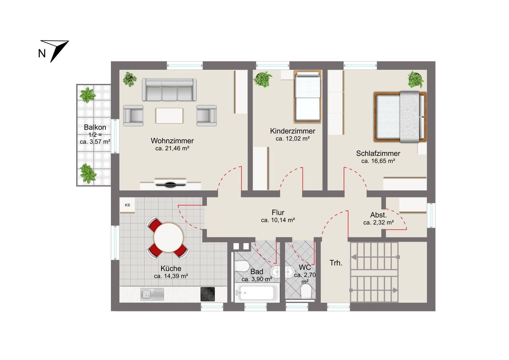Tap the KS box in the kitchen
(127, 205)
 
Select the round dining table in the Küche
(168, 237)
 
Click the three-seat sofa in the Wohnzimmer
(169, 90)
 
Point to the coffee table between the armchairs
(169, 116)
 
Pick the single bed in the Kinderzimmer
(307, 96)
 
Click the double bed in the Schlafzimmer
(400, 117)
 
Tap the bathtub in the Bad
(257, 292)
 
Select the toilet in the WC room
(306, 291)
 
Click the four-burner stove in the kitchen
(208, 294)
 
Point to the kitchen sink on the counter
(152, 294)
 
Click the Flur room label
(278, 212)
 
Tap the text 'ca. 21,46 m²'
(172, 148)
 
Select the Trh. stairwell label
(336, 263)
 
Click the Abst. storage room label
(378, 215)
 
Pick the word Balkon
(95, 127)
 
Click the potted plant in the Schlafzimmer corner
(416, 79)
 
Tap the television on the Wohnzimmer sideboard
(170, 183)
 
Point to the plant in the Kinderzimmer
(263, 79)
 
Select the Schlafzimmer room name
(378, 154)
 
